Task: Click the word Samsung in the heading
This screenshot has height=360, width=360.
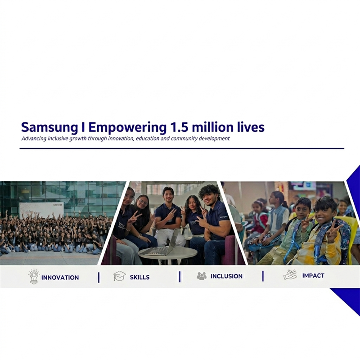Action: (x=49, y=128)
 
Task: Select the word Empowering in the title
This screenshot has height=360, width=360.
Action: (x=127, y=128)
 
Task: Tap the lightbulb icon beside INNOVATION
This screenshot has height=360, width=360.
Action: (x=34, y=276)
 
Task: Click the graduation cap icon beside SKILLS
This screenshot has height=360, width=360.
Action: (x=119, y=276)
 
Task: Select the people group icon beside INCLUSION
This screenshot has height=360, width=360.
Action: (x=202, y=276)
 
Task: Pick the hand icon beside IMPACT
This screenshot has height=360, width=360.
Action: (x=290, y=274)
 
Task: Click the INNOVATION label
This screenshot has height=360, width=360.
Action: (x=60, y=277)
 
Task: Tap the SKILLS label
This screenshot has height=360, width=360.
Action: (x=139, y=277)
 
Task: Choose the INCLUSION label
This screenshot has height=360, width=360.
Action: (x=226, y=276)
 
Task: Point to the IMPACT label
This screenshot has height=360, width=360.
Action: (x=313, y=275)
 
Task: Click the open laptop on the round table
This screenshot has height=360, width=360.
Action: (x=161, y=243)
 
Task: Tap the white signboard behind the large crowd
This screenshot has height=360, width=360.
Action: (x=41, y=211)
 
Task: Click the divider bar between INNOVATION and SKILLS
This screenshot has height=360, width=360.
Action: (x=99, y=277)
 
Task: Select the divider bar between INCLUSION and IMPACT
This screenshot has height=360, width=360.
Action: (x=263, y=276)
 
